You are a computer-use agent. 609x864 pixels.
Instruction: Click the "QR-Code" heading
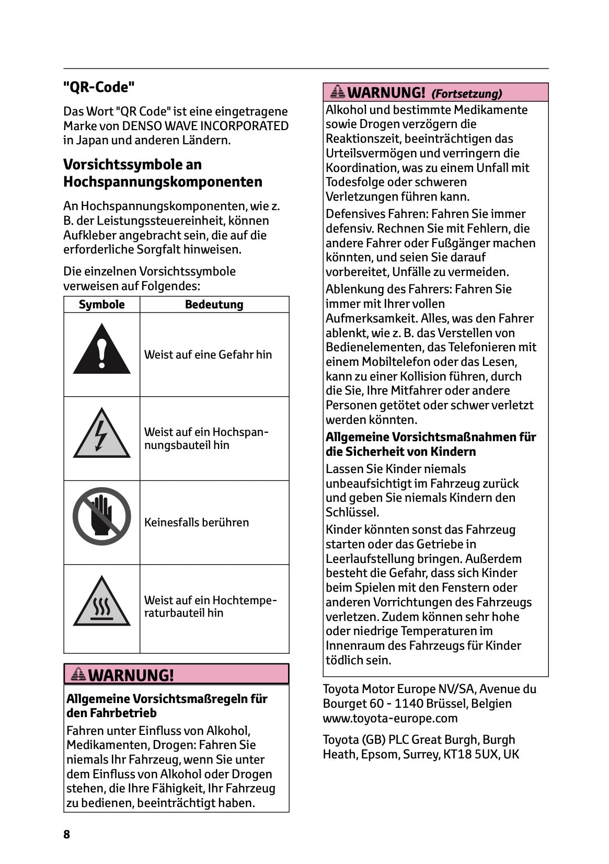(x=99, y=87)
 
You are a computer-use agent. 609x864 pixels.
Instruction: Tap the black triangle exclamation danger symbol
(x=101, y=349)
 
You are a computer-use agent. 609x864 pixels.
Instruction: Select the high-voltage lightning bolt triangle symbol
(x=101, y=434)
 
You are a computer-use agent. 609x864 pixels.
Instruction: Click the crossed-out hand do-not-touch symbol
(x=101, y=517)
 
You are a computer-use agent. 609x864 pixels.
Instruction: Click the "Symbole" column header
(x=101, y=304)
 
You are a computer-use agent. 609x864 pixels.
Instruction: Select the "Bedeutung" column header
(x=214, y=304)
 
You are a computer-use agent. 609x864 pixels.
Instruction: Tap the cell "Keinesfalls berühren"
(x=197, y=522)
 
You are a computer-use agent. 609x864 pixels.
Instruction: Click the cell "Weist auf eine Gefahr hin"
(x=208, y=354)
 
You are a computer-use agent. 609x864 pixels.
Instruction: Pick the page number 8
(x=66, y=834)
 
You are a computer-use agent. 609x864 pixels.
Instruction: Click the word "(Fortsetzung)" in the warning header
(x=466, y=94)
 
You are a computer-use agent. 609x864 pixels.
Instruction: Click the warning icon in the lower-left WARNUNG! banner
(x=78, y=674)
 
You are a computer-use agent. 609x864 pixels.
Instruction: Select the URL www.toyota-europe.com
(x=390, y=718)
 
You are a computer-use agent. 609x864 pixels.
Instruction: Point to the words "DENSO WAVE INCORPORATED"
(x=205, y=126)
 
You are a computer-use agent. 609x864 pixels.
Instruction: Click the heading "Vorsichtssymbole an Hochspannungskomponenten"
(x=163, y=173)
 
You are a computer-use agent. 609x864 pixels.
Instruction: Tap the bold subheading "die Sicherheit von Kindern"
(x=400, y=452)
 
